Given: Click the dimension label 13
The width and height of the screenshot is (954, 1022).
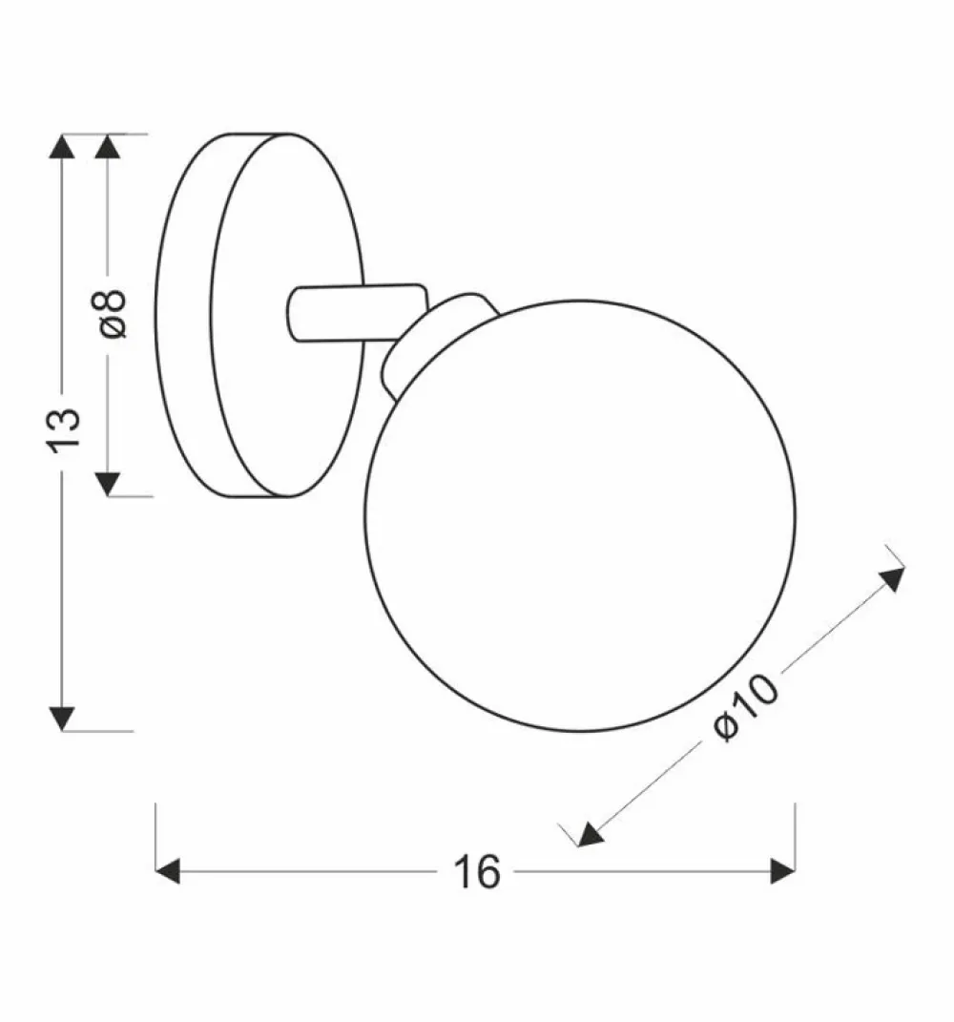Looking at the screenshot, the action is (x=64, y=429).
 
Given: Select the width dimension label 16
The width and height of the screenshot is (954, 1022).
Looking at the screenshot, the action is (x=477, y=871).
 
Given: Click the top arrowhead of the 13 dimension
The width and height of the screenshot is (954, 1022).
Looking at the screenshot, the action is (x=62, y=146).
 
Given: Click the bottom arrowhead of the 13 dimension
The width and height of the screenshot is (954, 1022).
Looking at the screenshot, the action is (x=62, y=719).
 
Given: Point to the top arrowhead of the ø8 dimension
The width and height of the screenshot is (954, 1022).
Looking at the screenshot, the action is (x=108, y=146).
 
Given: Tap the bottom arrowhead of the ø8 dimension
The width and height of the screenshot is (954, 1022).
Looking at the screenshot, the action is (x=108, y=484).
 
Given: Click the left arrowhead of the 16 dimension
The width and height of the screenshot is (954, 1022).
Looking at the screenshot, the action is (x=168, y=871).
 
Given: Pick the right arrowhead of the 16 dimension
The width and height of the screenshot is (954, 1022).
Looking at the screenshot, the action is (x=783, y=871).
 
